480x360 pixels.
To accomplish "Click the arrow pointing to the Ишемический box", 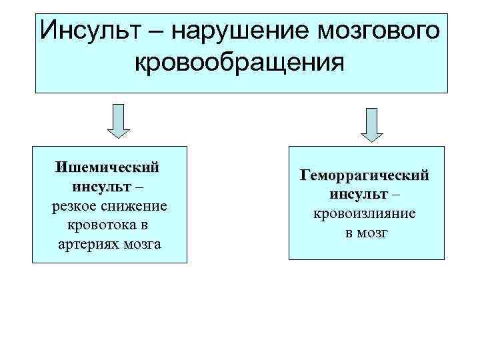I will [119, 121].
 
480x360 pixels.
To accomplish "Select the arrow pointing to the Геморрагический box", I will [372, 125].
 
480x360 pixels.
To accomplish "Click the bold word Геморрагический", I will [365, 176].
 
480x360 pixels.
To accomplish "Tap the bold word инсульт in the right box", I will [358, 195].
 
